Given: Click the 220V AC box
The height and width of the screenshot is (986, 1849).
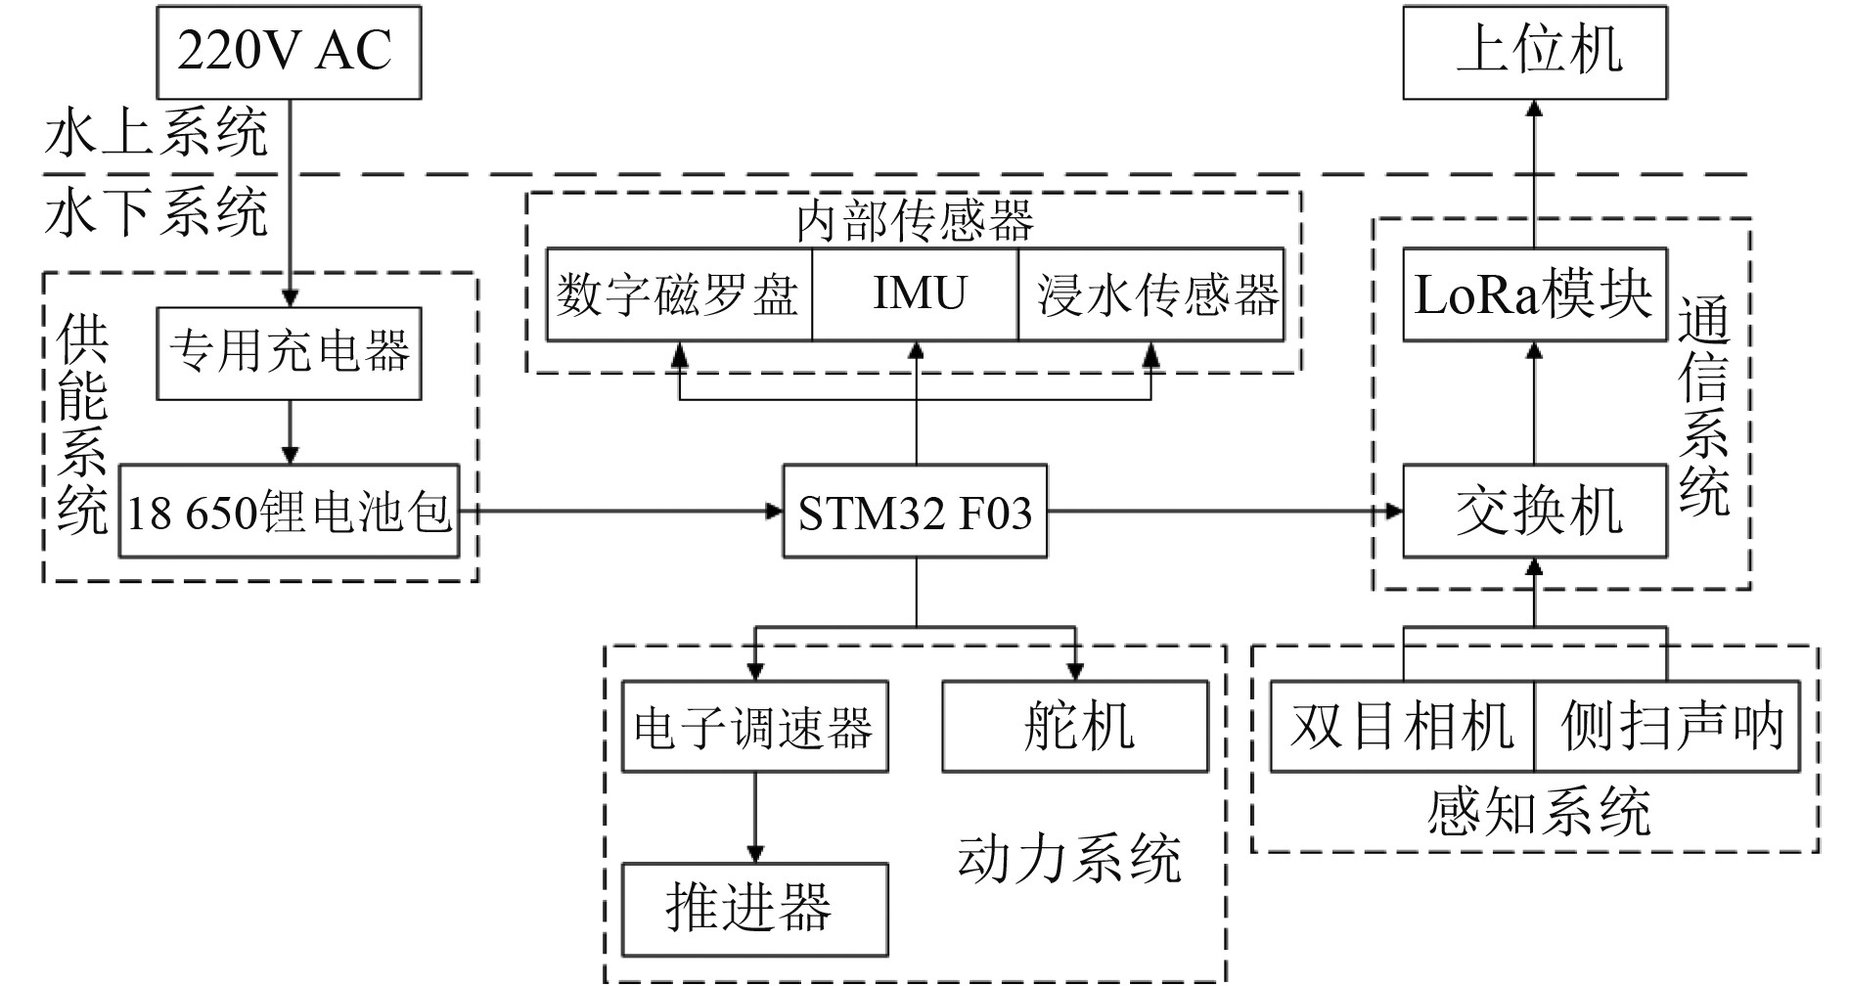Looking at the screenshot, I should pos(289,52).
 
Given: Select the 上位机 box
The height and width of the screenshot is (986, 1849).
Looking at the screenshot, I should pos(1534,52).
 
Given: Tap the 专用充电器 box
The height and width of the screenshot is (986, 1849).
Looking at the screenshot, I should pos(289,353).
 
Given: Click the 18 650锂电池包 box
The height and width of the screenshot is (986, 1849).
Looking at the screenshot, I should pos(289,511).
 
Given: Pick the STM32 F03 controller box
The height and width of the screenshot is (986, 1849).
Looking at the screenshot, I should pos(915,512).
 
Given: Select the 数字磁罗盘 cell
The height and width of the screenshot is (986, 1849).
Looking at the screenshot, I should pos(678,294).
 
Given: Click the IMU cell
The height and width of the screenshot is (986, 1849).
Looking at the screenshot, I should pos(916,294).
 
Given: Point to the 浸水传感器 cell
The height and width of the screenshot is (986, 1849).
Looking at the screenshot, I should pos(1151,294).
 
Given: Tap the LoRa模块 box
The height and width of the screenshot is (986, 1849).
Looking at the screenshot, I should pos(1534,294).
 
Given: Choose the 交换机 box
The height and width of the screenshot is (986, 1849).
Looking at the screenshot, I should pos(1534,512).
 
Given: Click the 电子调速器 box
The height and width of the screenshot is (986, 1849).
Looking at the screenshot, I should pos(754,727).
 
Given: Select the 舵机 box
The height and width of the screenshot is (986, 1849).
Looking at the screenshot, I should pos(1075,727).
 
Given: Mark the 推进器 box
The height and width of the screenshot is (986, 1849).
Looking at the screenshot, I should pos(754,909).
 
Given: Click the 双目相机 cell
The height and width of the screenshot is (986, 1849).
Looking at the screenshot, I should pos(1402,727).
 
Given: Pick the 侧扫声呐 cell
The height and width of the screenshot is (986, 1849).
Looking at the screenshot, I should pos(1667,727).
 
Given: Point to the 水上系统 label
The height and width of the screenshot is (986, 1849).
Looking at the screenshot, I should pos(156,134).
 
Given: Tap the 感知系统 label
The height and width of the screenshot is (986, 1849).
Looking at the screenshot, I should pos(1538,812).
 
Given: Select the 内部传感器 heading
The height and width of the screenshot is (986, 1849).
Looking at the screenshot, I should pos(915,221).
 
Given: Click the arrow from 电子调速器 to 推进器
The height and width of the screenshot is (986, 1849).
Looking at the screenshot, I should pos(754,817).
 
